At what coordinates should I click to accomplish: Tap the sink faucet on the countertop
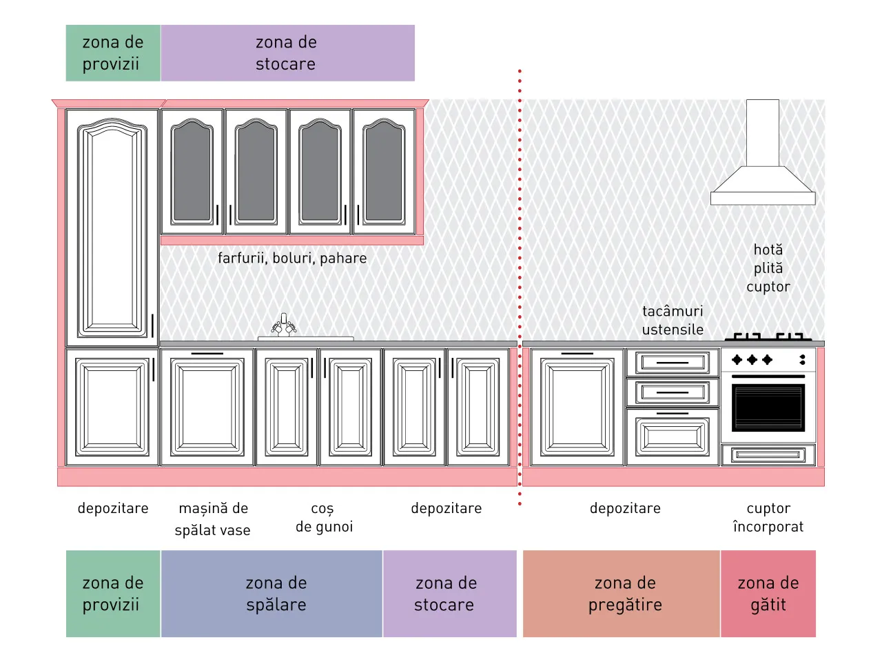(x=284, y=325)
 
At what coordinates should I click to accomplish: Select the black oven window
(x=768, y=408)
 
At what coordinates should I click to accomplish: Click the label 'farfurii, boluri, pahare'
(x=292, y=258)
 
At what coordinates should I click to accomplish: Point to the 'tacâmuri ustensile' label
(x=673, y=321)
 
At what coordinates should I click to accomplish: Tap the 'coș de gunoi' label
(x=324, y=517)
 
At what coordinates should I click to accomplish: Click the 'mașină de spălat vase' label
(x=212, y=519)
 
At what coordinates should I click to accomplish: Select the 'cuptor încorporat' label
(x=768, y=517)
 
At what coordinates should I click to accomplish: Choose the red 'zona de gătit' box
(x=768, y=593)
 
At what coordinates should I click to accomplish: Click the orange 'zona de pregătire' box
(x=622, y=593)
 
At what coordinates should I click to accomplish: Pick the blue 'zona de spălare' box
(x=271, y=593)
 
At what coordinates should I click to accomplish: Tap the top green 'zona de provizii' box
(x=113, y=53)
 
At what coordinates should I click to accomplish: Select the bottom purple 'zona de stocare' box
(x=450, y=593)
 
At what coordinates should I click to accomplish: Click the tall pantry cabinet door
(x=112, y=228)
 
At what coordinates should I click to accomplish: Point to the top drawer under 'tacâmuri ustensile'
(x=673, y=363)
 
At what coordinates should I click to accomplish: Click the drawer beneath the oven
(x=768, y=455)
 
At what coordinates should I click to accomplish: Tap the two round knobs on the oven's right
(x=802, y=360)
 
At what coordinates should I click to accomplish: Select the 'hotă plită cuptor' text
(x=768, y=268)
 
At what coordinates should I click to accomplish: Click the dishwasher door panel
(x=207, y=408)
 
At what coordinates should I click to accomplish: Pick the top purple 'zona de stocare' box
(x=288, y=53)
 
